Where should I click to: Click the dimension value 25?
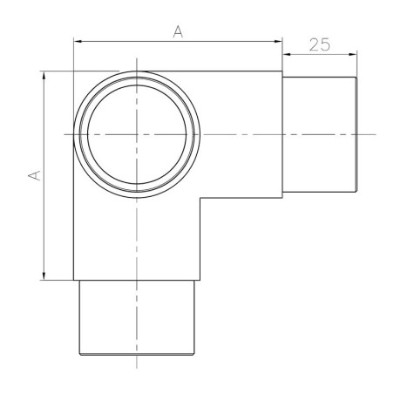point(319,44)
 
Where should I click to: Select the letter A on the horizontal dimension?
point(178,31)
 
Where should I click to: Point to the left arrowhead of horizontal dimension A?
point(78,41)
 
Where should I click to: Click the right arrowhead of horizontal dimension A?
point(280,41)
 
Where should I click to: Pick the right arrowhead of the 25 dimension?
point(353,53)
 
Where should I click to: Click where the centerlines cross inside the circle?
point(136,134)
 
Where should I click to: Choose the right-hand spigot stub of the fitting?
point(320,134)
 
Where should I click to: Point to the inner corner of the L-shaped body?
point(200,198)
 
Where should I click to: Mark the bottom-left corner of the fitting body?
point(73,280)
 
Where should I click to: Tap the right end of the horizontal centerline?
point(375,134)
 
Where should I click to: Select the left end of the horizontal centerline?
point(64,134)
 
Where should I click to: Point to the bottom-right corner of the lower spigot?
point(193,354)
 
